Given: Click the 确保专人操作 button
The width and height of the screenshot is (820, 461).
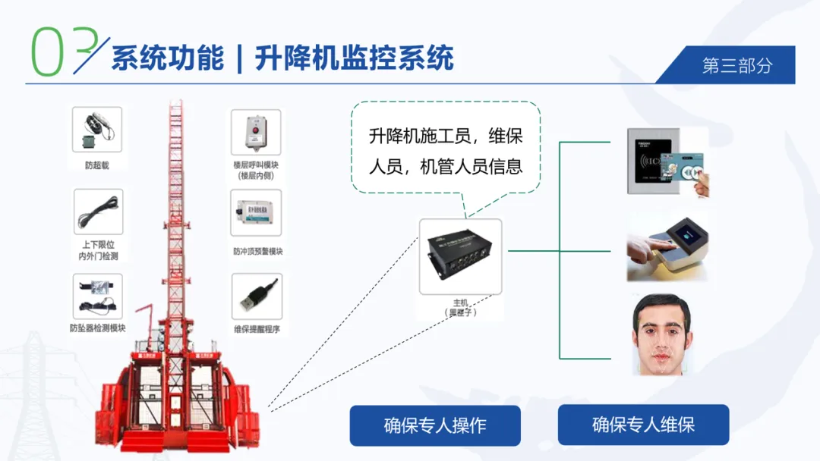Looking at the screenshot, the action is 434,425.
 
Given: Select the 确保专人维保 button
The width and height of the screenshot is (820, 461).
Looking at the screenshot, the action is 643,425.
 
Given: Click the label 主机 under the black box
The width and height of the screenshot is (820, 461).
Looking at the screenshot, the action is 460,302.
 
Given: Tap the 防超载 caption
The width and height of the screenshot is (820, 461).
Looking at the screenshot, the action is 97,165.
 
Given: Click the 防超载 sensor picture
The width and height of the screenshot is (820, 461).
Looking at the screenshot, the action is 97,130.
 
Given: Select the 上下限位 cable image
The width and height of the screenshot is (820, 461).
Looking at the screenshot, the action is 98,212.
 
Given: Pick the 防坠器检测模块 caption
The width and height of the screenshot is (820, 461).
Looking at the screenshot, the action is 97,328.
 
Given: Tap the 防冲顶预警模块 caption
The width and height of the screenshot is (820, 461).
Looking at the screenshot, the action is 257,251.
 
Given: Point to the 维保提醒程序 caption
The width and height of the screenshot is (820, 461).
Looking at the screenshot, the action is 257,329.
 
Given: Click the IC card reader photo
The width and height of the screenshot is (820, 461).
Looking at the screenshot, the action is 667,162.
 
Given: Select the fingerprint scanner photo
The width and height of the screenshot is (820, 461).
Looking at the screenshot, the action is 667,247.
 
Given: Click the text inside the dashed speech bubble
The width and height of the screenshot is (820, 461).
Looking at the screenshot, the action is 446,152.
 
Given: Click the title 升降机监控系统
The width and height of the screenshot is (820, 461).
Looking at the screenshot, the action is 354,58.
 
